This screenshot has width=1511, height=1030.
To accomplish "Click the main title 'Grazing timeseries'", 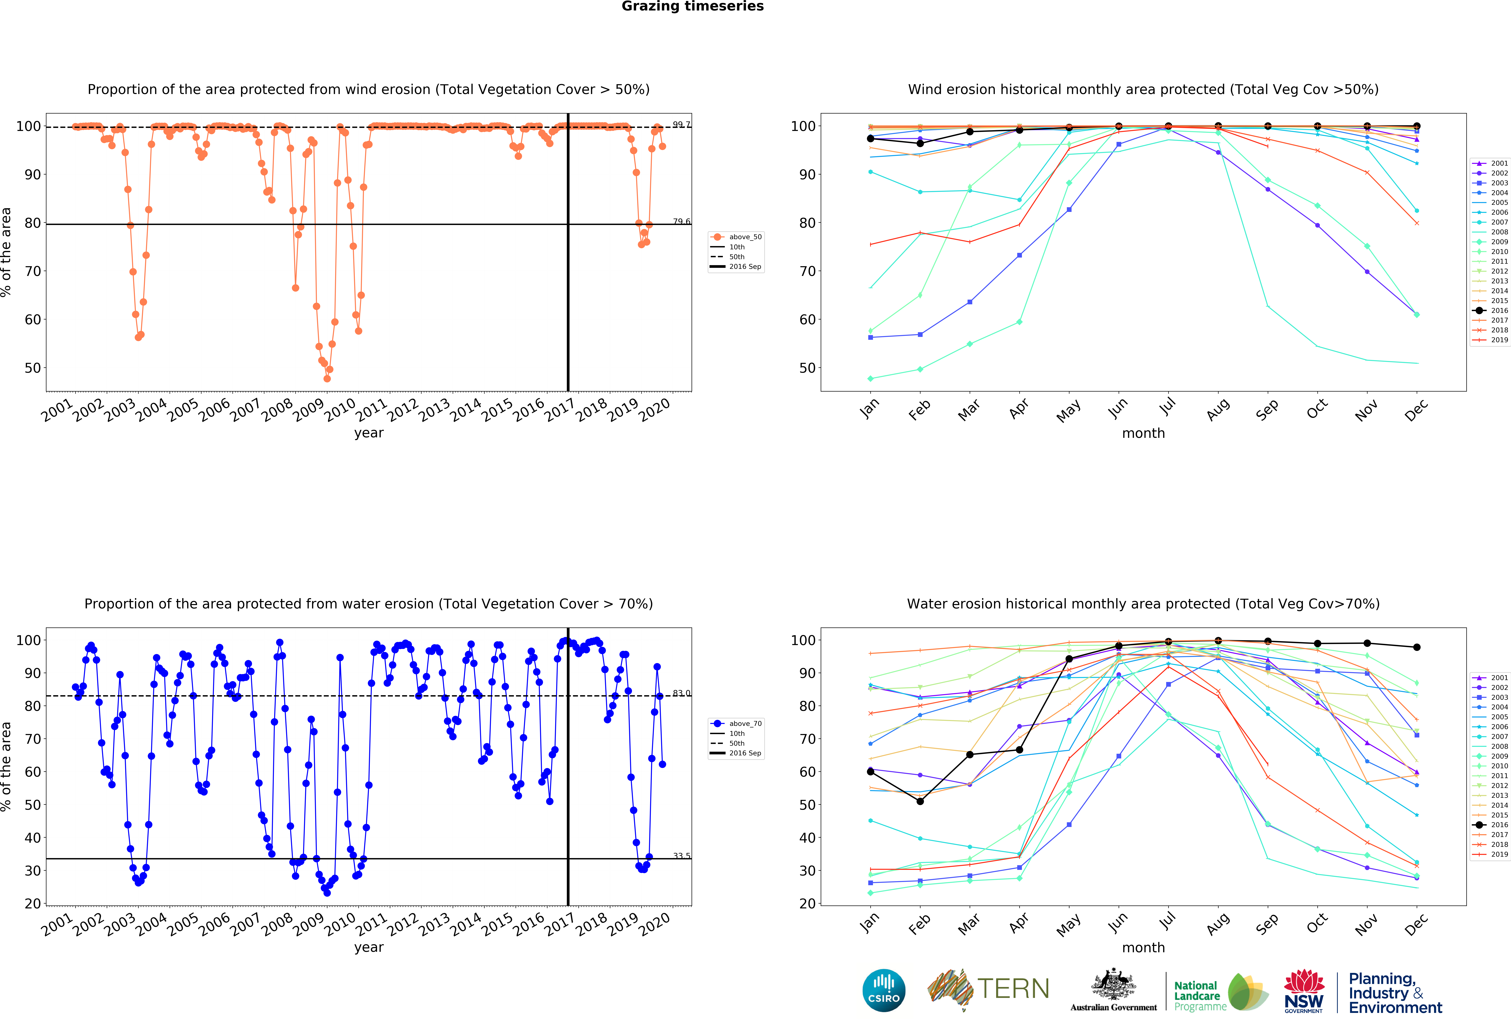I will click(x=692, y=6).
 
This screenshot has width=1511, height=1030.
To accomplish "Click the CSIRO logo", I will click(x=884, y=990).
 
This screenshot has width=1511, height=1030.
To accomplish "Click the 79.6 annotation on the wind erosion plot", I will click(x=681, y=222).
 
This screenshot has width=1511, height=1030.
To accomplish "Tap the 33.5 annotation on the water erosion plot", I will click(x=681, y=856).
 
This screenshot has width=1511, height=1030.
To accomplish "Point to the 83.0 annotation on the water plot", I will click(x=681, y=693).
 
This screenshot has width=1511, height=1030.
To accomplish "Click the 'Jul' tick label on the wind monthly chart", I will click(x=1168, y=407).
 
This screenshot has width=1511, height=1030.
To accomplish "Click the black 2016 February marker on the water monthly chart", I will click(x=920, y=801).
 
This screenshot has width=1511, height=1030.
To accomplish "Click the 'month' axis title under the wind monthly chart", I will click(x=1143, y=433).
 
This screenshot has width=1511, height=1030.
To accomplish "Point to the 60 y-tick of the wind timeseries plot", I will click(x=33, y=319).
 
